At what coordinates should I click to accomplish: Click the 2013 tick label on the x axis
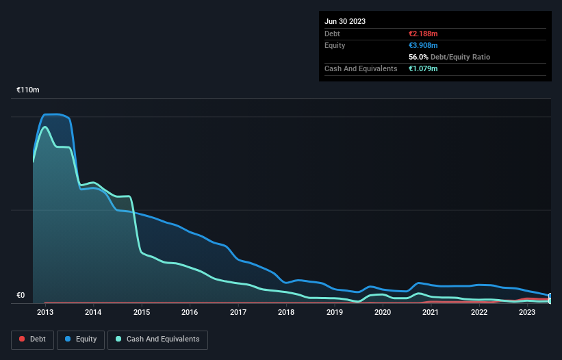[45, 313]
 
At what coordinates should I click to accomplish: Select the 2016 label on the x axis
[190, 313]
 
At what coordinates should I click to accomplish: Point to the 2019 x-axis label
[334, 313]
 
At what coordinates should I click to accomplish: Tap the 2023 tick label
[527, 313]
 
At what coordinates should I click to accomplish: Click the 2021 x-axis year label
[431, 313]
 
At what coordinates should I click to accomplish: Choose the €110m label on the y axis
[28, 90]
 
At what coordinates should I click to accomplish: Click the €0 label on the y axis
[21, 296]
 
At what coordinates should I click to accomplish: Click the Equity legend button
[81, 339]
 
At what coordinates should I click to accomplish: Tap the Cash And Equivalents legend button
[157, 339]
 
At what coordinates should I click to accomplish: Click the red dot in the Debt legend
[22, 339]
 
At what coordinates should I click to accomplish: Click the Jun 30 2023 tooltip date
[345, 21]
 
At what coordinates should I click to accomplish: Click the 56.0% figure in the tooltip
[419, 57]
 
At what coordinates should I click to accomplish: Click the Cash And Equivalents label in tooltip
[361, 68]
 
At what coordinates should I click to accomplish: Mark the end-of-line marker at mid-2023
[550, 297]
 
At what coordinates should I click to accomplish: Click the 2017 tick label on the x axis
[238, 313]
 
